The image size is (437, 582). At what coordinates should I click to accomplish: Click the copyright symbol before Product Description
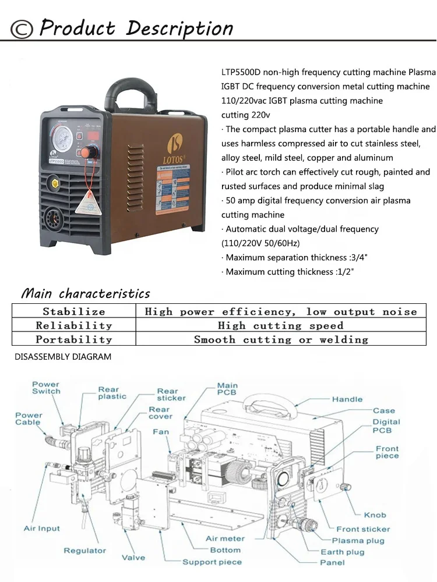click(x=22, y=29)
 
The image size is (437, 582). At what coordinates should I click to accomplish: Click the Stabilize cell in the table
click(x=73, y=311)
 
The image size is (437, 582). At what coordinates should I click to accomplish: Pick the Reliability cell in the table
click(x=73, y=325)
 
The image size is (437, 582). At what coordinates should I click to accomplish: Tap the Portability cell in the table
click(x=73, y=339)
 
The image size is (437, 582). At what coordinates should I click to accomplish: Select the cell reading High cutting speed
click(x=280, y=325)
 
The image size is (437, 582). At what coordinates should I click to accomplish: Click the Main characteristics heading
click(x=86, y=293)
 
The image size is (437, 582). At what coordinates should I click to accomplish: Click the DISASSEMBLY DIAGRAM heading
click(x=63, y=357)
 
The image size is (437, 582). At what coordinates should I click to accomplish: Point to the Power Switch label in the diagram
click(x=46, y=388)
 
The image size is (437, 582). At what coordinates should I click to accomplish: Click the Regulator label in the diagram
click(x=85, y=551)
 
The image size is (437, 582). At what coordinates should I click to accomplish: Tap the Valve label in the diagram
click(x=133, y=558)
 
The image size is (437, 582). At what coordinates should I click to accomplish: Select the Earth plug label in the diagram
click(x=342, y=552)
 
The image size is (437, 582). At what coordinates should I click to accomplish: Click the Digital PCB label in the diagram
click(x=386, y=426)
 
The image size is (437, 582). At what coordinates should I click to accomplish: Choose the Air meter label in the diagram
click(x=225, y=539)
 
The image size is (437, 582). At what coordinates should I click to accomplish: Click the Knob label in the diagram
click(x=375, y=515)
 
